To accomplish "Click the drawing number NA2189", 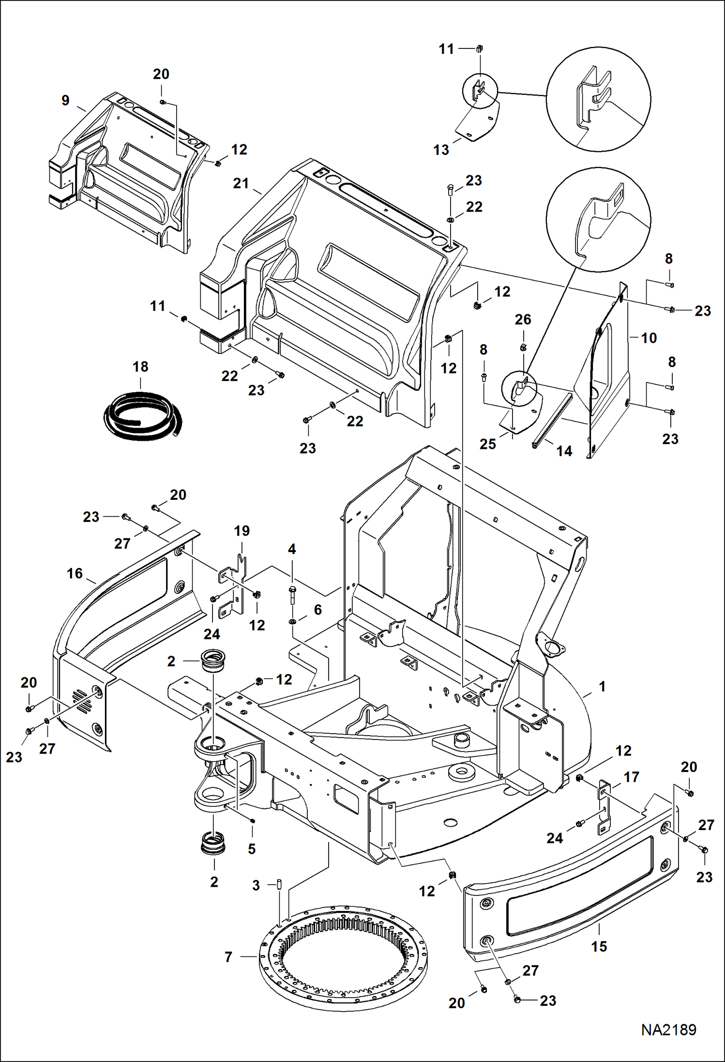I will tap(668, 1030).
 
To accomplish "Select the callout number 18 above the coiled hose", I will tap(140, 367).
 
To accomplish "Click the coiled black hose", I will tap(143, 416).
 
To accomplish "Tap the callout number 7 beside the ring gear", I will tap(228, 957).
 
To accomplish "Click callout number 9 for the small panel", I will tap(65, 100).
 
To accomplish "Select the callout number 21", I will tap(241, 184).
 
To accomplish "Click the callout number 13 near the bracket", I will tap(441, 150).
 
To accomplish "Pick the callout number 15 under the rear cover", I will tap(599, 946).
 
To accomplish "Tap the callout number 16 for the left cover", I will tap(75, 573).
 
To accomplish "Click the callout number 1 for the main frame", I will tap(602, 686).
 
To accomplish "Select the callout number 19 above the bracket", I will tap(242, 531).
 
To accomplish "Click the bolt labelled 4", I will tap(292, 596).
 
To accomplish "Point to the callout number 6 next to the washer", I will tap(317, 610).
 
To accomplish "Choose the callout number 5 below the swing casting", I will tap(251, 848).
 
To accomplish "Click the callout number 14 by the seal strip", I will tap(564, 451).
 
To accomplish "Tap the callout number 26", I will tap(523, 319).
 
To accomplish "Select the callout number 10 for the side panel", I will tap(649, 338).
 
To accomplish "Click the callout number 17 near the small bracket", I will tap(631, 777).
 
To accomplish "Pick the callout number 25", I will tap(487, 444).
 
